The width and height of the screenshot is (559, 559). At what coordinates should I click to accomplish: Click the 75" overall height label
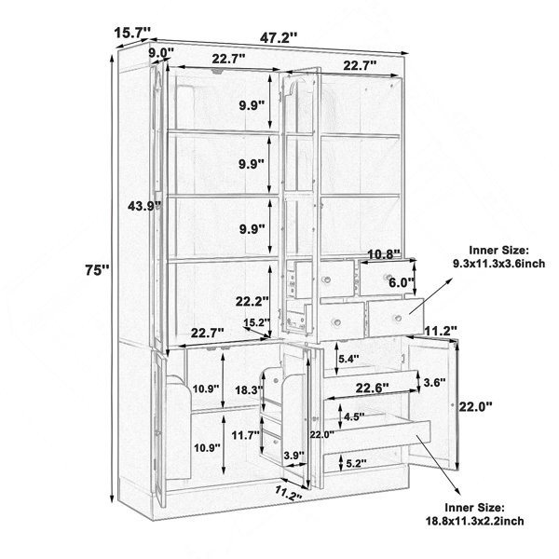click(97, 269)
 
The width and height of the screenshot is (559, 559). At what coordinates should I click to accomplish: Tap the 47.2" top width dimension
click(278, 37)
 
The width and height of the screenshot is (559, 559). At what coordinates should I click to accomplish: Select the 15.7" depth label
click(130, 33)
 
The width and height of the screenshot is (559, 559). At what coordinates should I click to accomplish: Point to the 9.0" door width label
click(161, 53)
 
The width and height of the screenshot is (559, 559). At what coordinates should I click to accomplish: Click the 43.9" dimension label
click(144, 206)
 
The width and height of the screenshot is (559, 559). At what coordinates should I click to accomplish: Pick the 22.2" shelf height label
click(252, 302)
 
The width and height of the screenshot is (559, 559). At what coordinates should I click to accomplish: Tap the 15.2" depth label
click(257, 322)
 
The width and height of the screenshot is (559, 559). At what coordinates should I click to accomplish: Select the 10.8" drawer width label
click(384, 254)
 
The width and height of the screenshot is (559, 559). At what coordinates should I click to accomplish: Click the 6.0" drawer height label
click(401, 283)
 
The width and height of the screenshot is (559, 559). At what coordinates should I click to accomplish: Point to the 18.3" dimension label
click(249, 390)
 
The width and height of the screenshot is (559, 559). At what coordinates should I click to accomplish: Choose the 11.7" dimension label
click(245, 435)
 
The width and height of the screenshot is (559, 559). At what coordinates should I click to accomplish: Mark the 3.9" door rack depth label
click(294, 456)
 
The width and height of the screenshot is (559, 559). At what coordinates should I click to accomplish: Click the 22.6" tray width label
click(372, 388)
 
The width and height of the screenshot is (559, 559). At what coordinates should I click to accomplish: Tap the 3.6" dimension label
click(434, 383)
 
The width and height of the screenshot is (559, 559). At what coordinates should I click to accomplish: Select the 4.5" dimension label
click(354, 416)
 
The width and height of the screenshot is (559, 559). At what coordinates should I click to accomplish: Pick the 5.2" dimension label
click(356, 463)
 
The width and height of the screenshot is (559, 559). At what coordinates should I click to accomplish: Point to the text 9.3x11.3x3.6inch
click(498, 264)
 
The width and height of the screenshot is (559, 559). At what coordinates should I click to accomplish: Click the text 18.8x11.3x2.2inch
click(475, 521)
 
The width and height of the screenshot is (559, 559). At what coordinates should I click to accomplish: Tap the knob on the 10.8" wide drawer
click(388, 277)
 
